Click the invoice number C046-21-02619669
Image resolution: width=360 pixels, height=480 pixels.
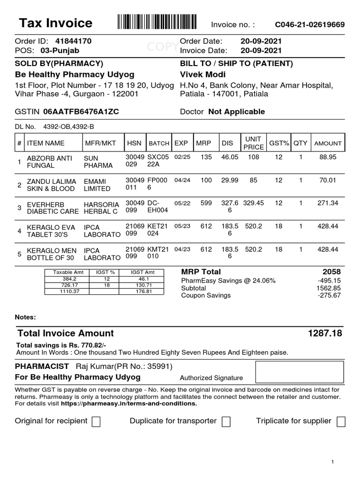pyautogui.click(x=309, y=25)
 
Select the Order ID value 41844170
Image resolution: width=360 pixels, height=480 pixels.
pyautogui.click(x=73, y=41)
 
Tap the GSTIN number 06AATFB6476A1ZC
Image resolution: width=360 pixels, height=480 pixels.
pyautogui.click(x=81, y=112)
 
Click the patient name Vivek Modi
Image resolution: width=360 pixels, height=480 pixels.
pyautogui.click(x=202, y=75)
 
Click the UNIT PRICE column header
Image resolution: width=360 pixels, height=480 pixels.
pyautogui.click(x=254, y=143)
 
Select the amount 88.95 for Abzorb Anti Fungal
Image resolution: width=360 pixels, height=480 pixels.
pyautogui.click(x=328, y=157)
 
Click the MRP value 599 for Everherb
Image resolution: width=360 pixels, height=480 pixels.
pyautogui.click(x=206, y=203)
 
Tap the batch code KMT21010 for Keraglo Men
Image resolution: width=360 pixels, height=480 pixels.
pyautogui.click(x=157, y=253)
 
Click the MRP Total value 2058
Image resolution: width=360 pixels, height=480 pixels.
pyautogui.click(x=331, y=272)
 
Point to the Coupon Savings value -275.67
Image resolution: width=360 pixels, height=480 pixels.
pyautogui.click(x=329, y=295)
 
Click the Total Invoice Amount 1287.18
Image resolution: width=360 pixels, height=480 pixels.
pyautogui.click(x=325, y=333)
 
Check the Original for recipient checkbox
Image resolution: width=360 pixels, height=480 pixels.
pyautogui.click(x=96, y=422)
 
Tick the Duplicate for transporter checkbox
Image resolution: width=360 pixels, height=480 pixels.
pyautogui.click(x=226, y=422)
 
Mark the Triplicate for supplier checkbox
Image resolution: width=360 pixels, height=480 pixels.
pyautogui.click(x=341, y=422)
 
